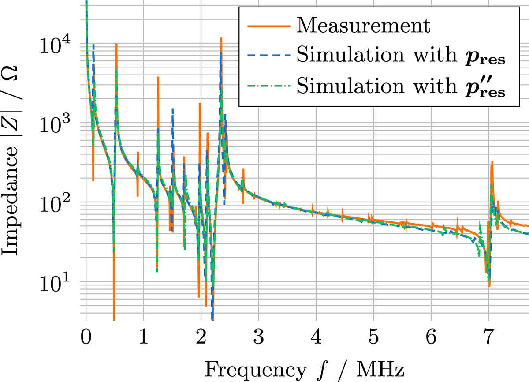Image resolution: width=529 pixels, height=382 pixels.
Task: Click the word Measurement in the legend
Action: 362,26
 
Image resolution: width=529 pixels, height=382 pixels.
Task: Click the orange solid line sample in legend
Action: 269,26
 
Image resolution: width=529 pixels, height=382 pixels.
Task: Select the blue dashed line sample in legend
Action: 269,56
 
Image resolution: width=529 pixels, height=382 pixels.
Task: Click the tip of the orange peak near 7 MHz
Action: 492,162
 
